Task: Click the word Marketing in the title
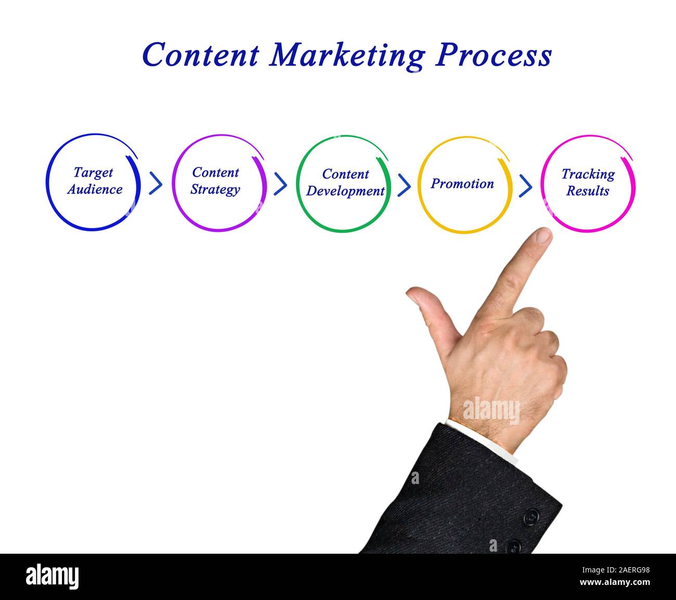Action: click(347, 55)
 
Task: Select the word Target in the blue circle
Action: click(93, 173)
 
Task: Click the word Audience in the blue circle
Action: click(95, 189)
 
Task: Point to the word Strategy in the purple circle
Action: click(215, 189)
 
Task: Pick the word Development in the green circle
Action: click(345, 191)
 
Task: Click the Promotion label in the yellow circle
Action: click(462, 184)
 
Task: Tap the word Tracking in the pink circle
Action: click(588, 174)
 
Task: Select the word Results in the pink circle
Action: click(588, 191)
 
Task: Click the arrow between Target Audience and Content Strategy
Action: click(155, 184)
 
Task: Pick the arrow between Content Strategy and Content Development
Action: click(280, 184)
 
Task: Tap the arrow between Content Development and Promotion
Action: click(404, 185)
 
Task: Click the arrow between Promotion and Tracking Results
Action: click(526, 185)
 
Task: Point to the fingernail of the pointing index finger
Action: click(543, 236)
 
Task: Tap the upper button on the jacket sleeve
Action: click(531, 516)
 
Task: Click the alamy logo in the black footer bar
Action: click(52, 577)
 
